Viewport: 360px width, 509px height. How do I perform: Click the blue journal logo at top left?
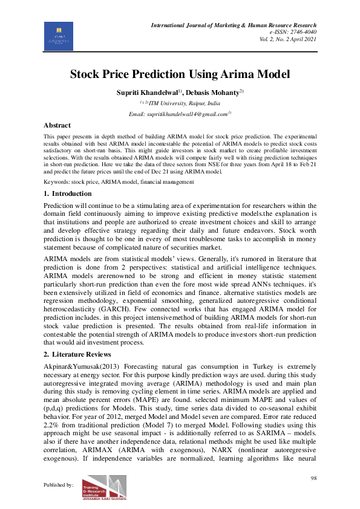point(59,36)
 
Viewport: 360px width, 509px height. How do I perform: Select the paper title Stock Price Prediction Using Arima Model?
point(180,74)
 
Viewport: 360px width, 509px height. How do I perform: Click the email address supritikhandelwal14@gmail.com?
point(179,114)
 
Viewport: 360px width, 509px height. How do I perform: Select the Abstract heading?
point(57,125)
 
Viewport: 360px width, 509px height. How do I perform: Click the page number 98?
point(313,479)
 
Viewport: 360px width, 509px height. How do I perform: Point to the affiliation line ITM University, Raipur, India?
point(180,103)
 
